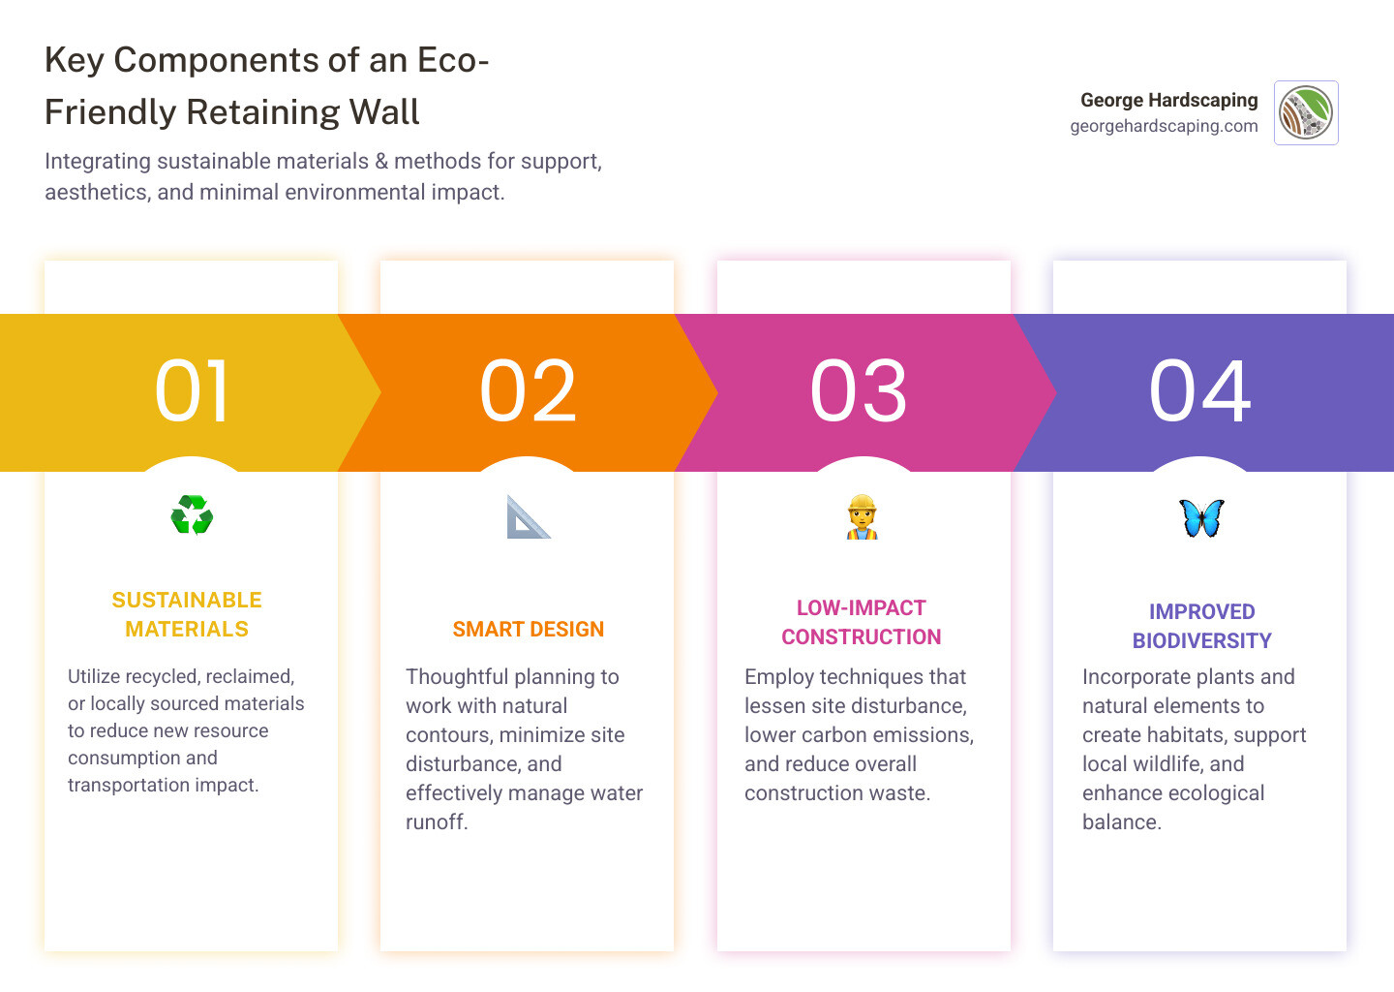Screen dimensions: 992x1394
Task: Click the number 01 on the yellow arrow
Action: [x=192, y=390]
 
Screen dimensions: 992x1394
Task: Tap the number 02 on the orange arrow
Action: [x=528, y=390]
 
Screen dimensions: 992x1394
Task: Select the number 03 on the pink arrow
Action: [x=859, y=390]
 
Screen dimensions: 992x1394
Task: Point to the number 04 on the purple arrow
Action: [x=1199, y=390]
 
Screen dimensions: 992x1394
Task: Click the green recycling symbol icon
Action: [x=192, y=515]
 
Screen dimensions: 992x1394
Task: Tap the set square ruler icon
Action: [x=528, y=517]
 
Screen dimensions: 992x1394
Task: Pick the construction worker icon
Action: [x=862, y=517]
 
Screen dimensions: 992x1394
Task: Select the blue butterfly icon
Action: [x=1201, y=518]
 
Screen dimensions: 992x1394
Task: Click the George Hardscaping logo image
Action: [x=1306, y=112]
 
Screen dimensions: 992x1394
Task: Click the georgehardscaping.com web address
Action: [x=1164, y=126]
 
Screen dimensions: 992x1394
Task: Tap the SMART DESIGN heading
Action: [x=528, y=630]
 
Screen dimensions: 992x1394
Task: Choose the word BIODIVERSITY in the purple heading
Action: [x=1201, y=641]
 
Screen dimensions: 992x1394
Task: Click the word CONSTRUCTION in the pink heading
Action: [x=861, y=637]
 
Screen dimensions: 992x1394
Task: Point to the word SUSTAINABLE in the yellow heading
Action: [x=187, y=601]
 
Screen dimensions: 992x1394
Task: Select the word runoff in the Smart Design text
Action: [x=436, y=822]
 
